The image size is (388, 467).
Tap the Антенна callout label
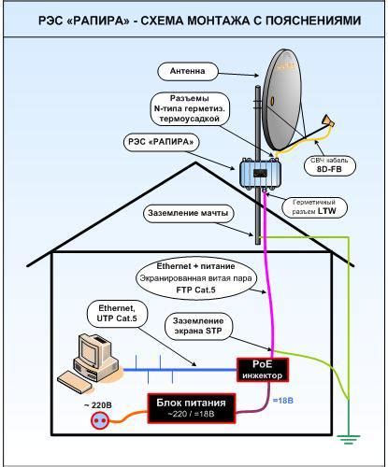187,72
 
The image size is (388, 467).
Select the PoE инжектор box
263,370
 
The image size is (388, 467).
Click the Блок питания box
191,408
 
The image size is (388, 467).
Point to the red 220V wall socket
101,420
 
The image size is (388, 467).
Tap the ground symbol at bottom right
348,438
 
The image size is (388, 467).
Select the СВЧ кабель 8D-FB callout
330,165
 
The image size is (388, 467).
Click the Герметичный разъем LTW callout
314,207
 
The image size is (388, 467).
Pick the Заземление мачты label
188,214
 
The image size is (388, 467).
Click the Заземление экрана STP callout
198,326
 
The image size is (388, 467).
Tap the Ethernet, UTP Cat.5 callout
117,314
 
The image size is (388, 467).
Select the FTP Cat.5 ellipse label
195,279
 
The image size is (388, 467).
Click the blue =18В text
283,401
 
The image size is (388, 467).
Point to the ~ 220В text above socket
98,405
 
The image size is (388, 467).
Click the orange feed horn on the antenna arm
328,121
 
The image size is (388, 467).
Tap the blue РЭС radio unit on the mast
260,173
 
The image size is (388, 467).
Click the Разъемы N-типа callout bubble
190,109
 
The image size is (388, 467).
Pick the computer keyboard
75,383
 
